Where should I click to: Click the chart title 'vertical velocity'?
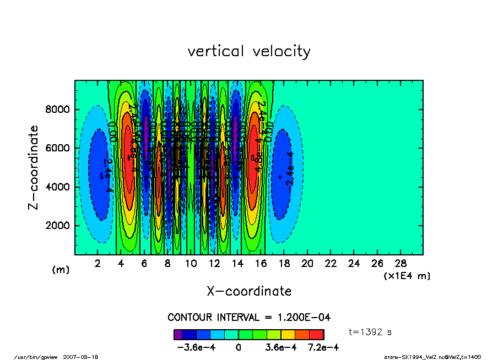(249, 51)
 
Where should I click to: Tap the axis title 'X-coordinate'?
(249, 291)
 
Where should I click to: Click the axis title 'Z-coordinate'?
(34, 167)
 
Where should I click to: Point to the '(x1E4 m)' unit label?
(407, 275)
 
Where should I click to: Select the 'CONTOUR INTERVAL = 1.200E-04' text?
(249, 318)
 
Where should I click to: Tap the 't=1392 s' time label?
(370, 332)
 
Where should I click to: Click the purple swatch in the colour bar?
(178, 334)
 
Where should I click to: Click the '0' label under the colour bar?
(239, 347)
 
